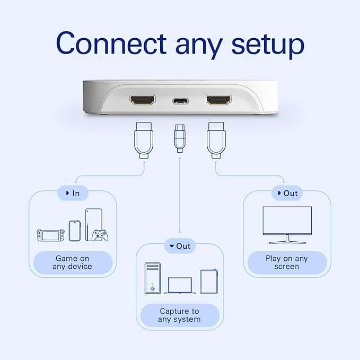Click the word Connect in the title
[111, 43]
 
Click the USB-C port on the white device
[180, 101]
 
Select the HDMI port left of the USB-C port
[142, 100]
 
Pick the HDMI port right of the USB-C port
[218, 100]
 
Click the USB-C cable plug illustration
[180, 138]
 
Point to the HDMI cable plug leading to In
[144, 140]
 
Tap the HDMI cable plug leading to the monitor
[216, 140]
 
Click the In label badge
[73, 193]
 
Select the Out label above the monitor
[287, 193]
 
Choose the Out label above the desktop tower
[180, 246]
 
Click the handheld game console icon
[50, 235]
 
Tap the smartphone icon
[75, 231]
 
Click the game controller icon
[100, 235]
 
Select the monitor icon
[287, 225]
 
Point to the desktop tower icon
[153, 278]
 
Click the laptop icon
[180, 285]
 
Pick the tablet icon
[209, 282]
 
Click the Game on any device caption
[73, 262]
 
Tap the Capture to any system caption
[180, 315]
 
